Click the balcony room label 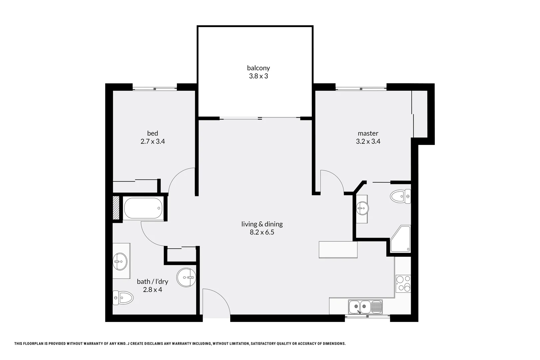(x=258, y=68)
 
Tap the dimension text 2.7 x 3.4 (x=153, y=141)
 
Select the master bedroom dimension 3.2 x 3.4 (x=368, y=141)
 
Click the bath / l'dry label (x=152, y=282)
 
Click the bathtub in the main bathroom (x=143, y=208)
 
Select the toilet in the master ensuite (x=400, y=196)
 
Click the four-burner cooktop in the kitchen (x=403, y=284)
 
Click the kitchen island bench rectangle (x=338, y=250)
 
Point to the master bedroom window (x=361, y=88)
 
